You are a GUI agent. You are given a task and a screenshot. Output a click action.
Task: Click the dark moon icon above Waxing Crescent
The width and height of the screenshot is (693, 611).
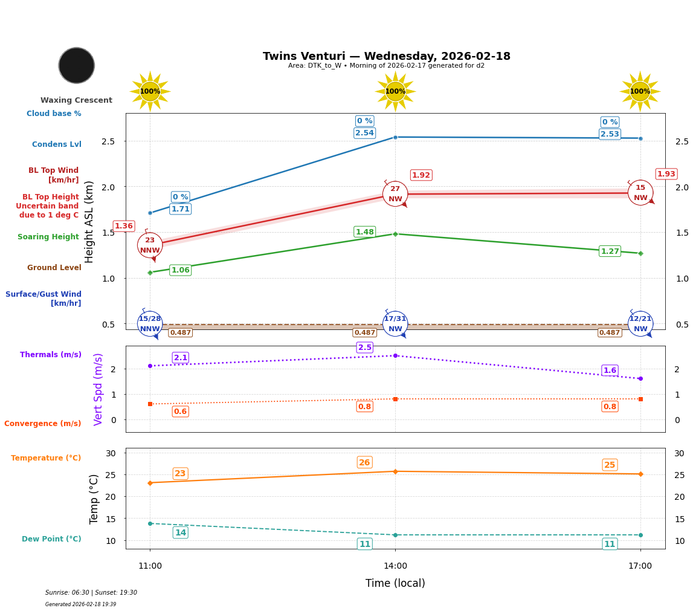coord(77,65)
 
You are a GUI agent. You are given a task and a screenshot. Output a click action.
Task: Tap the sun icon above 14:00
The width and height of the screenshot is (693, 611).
coord(395,91)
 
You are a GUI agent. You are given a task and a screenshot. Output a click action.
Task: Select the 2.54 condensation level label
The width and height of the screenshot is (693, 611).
coord(364,133)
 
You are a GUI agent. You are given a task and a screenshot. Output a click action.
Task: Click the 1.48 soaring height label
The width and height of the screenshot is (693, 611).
coord(364,232)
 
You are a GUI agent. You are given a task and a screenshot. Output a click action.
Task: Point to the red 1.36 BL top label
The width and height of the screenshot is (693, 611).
coord(124,226)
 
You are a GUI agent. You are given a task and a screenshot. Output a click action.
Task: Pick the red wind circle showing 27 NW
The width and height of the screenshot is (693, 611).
coord(395,193)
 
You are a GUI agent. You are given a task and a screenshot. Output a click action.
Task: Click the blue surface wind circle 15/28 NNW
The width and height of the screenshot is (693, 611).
coord(150,323)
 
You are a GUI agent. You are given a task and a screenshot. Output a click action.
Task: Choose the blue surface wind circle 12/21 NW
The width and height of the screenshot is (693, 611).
coord(640,323)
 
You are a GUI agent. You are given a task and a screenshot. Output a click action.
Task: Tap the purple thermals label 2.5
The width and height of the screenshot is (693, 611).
coord(365,348)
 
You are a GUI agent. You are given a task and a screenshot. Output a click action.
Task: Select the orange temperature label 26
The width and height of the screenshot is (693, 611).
coord(364,462)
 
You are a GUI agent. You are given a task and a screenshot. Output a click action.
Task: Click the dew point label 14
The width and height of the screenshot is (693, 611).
coord(180,532)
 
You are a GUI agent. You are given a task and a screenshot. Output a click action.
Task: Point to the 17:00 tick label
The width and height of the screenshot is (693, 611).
coord(640,566)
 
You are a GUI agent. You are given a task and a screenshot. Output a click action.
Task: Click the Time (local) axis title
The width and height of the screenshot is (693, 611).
coord(395,583)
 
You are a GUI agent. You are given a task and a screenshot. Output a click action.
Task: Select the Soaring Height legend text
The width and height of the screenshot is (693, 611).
coord(48,237)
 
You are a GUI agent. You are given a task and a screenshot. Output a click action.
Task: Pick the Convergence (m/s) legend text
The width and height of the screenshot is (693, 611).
coord(43,424)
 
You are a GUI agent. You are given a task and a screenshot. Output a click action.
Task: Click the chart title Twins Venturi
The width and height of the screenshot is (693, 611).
coord(387,56)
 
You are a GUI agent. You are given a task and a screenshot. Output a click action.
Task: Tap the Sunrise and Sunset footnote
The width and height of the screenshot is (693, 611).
coord(91,593)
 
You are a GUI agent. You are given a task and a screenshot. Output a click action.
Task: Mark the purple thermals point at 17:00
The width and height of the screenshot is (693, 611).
coord(640,378)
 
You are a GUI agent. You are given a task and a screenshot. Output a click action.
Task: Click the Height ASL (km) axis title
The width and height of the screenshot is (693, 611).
coord(89,221)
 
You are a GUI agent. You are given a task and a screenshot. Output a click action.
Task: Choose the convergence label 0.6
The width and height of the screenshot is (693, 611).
coord(180,412)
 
